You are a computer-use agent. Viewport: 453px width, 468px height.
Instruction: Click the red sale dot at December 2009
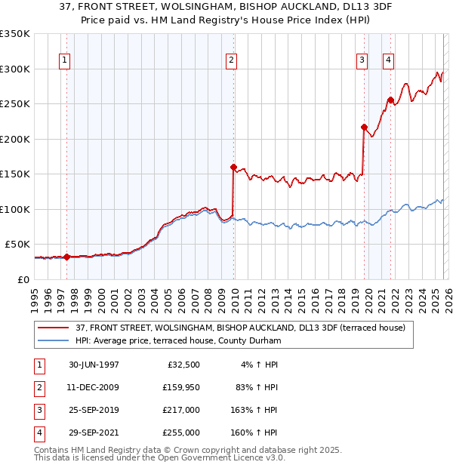(233, 167)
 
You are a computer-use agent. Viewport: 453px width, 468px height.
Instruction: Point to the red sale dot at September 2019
(364, 127)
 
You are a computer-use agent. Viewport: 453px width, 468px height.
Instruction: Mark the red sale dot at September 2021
(390, 100)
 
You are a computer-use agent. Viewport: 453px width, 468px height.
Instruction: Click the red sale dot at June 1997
(67, 257)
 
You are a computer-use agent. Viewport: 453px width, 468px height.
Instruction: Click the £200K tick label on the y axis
(15, 139)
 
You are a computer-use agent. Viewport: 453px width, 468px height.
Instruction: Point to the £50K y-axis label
(17, 245)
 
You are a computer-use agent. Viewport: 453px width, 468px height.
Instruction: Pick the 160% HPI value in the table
(255, 433)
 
